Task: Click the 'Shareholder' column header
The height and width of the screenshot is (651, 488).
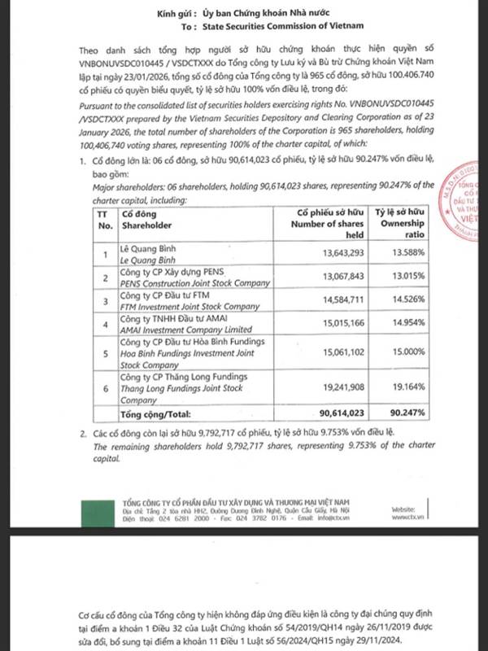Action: click(x=147, y=225)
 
